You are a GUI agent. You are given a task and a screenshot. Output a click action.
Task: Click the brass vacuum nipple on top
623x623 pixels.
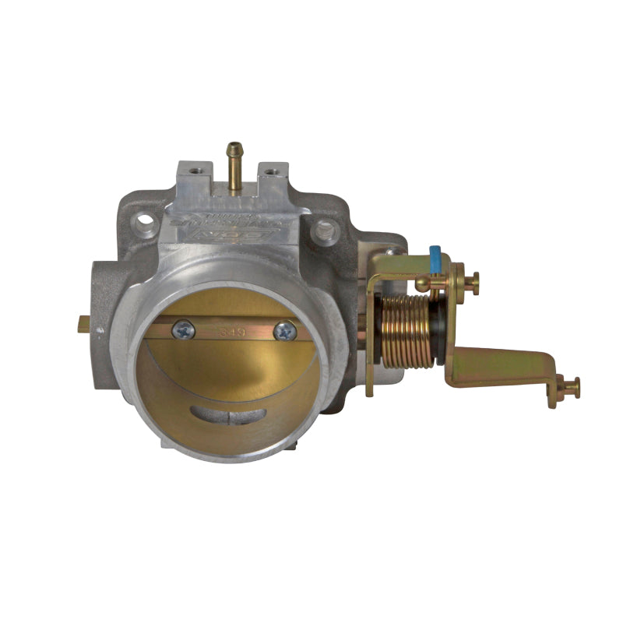click(233, 164)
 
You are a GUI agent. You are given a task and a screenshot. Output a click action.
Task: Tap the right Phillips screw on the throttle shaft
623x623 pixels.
click(285, 331)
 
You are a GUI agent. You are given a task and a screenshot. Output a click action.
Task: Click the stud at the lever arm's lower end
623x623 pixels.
click(568, 387)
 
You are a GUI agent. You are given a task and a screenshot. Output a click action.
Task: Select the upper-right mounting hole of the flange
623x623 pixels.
click(326, 229)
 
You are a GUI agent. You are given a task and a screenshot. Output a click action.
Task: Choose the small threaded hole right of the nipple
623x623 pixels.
click(272, 169)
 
